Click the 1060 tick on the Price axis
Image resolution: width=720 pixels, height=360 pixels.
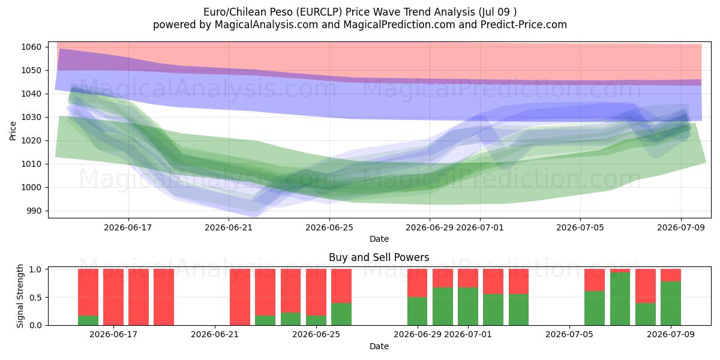point(31,47)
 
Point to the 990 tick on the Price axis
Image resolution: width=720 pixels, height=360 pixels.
point(34,211)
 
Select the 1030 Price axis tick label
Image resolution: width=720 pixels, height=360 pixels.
point(31,118)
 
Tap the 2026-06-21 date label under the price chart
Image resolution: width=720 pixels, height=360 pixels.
point(229,227)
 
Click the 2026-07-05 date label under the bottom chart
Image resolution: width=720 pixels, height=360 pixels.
point(569,334)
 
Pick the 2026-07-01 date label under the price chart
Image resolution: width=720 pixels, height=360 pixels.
point(480,227)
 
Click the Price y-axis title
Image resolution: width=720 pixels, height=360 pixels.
point(13,131)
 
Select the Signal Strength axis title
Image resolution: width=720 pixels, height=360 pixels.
point(20,296)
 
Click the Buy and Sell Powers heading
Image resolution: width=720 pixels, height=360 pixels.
point(379,257)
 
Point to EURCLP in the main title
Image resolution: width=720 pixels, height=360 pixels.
point(319,12)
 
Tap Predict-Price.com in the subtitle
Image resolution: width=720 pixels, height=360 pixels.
point(524,25)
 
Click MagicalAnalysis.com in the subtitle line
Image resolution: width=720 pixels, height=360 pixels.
point(266,25)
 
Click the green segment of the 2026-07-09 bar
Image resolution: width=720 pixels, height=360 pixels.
point(671,304)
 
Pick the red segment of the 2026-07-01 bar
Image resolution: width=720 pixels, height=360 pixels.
point(468,278)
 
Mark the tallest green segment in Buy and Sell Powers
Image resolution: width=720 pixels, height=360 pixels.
point(620,299)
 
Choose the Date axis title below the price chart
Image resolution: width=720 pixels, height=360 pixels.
point(379,239)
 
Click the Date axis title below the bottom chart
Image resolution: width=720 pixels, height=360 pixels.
point(379,346)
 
